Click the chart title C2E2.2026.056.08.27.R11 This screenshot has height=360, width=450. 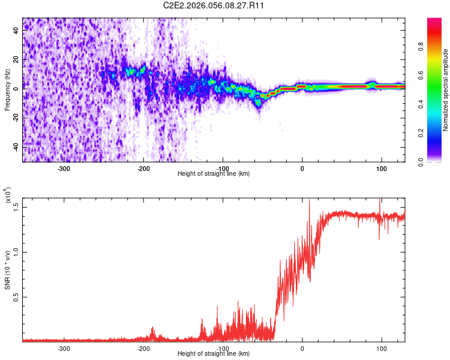pyautogui.click(x=214, y=5)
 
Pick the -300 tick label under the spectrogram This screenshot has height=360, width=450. pyautogui.click(x=64, y=169)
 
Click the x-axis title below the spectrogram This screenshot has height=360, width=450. pyautogui.click(x=214, y=174)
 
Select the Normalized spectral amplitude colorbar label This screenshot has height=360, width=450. pyautogui.click(x=446, y=90)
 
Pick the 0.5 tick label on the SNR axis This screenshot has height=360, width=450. pyautogui.click(x=16, y=296)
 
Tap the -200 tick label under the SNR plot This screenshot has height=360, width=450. pyautogui.click(x=143, y=348)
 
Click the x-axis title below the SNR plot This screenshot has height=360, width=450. pyautogui.click(x=214, y=354)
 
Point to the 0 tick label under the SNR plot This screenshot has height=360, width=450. pyautogui.click(x=302, y=348)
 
